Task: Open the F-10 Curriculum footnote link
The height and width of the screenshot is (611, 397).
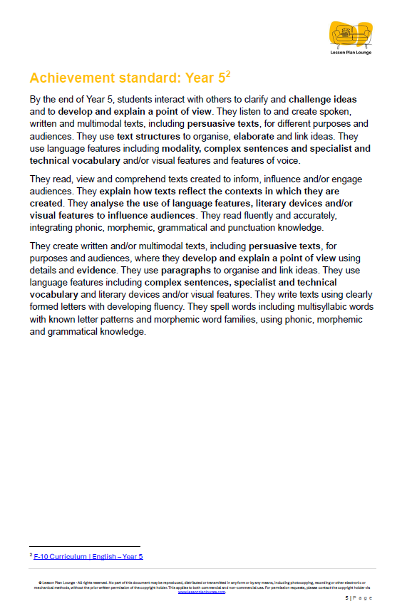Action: pyautogui.click(x=88, y=556)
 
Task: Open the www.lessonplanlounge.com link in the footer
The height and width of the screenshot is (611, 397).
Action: pyautogui.click(x=202, y=591)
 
